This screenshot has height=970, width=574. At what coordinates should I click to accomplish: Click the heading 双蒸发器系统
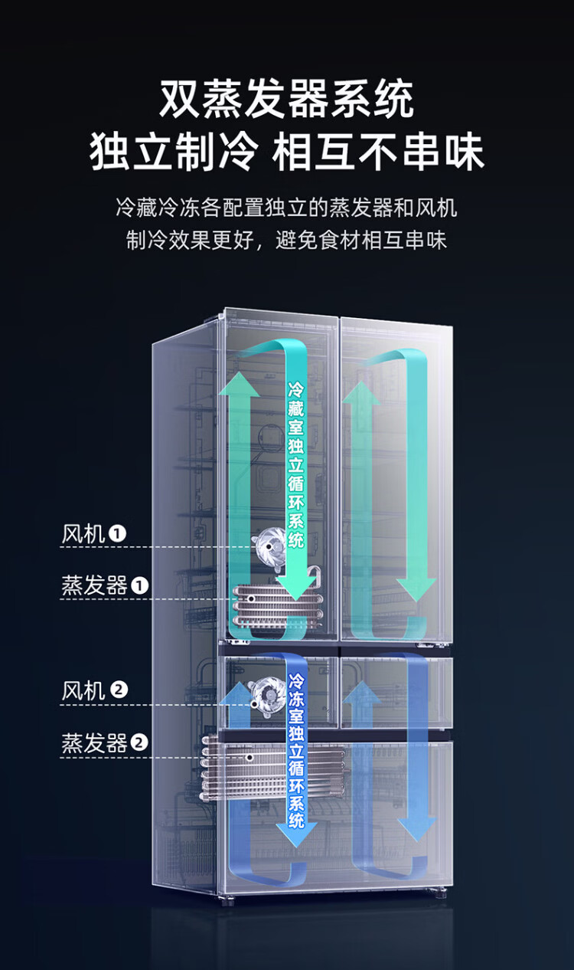[286, 99]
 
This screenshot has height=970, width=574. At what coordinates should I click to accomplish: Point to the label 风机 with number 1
[94, 534]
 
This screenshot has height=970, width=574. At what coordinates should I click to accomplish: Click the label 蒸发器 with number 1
[105, 586]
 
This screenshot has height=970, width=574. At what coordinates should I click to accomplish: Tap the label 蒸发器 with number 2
[105, 742]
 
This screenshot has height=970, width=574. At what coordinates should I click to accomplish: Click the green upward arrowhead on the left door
[240, 384]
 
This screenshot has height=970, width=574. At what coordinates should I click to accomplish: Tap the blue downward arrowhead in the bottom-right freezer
[416, 830]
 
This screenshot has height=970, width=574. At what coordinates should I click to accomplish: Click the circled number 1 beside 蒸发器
[139, 586]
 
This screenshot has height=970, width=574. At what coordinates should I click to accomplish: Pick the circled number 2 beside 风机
[119, 690]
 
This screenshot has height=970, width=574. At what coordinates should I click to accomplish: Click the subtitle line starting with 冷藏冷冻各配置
[286, 208]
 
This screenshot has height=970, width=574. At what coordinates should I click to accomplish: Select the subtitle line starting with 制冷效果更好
[286, 240]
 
